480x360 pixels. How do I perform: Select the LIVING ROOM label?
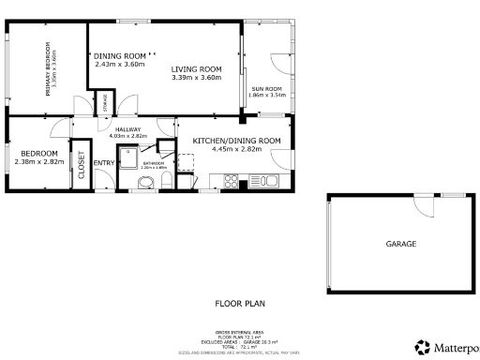(196, 68)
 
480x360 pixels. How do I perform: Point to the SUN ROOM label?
(267, 89)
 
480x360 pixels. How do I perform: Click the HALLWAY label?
(127, 129)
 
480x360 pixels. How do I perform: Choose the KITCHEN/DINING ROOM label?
(236, 140)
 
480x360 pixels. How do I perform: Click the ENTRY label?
(104, 163)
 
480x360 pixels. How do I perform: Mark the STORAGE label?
(106, 102)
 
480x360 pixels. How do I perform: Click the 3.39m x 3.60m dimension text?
(196, 78)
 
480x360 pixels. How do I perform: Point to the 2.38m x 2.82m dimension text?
(39, 161)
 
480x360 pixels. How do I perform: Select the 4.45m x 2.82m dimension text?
(236, 148)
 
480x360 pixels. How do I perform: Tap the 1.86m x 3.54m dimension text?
(267, 96)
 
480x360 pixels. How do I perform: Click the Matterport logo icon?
(422, 346)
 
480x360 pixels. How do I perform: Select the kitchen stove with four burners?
(230, 181)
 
